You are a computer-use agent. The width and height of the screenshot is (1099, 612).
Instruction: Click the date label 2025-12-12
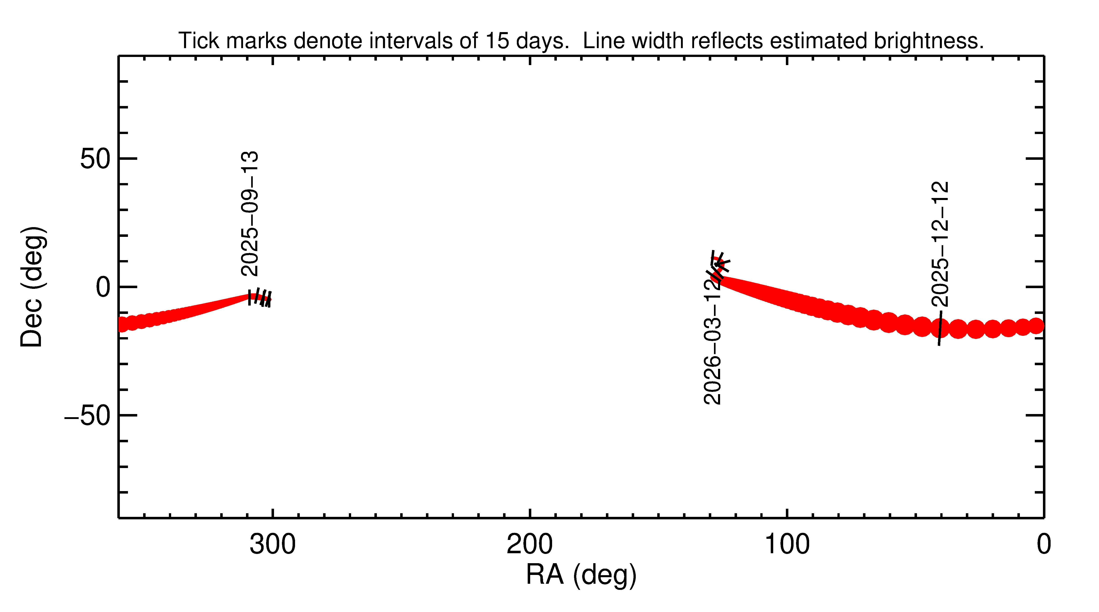pyautogui.click(x=940, y=244)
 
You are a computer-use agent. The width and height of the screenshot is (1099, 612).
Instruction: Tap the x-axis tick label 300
pyautogui.click(x=273, y=545)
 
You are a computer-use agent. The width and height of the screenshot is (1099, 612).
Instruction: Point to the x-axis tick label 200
pyautogui.click(x=529, y=545)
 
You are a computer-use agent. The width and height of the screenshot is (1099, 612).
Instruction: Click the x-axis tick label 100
pyautogui.click(x=787, y=545)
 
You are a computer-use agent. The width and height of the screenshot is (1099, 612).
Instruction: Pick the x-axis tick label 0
pyautogui.click(x=1044, y=545)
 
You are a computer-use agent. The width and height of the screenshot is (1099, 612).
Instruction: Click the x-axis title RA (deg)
pyautogui.click(x=581, y=575)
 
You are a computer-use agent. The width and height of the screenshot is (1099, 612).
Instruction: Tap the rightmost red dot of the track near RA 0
pyautogui.click(x=1036, y=326)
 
